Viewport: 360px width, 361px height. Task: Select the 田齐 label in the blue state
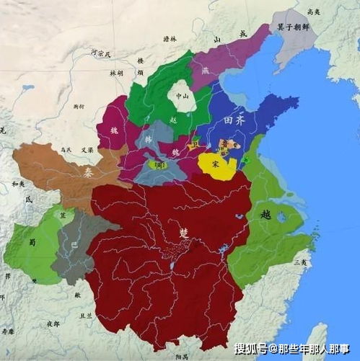[x=235, y=121]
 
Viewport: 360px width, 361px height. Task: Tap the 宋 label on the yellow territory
[x=215, y=164]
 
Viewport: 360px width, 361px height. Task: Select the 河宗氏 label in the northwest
[x=102, y=52]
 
